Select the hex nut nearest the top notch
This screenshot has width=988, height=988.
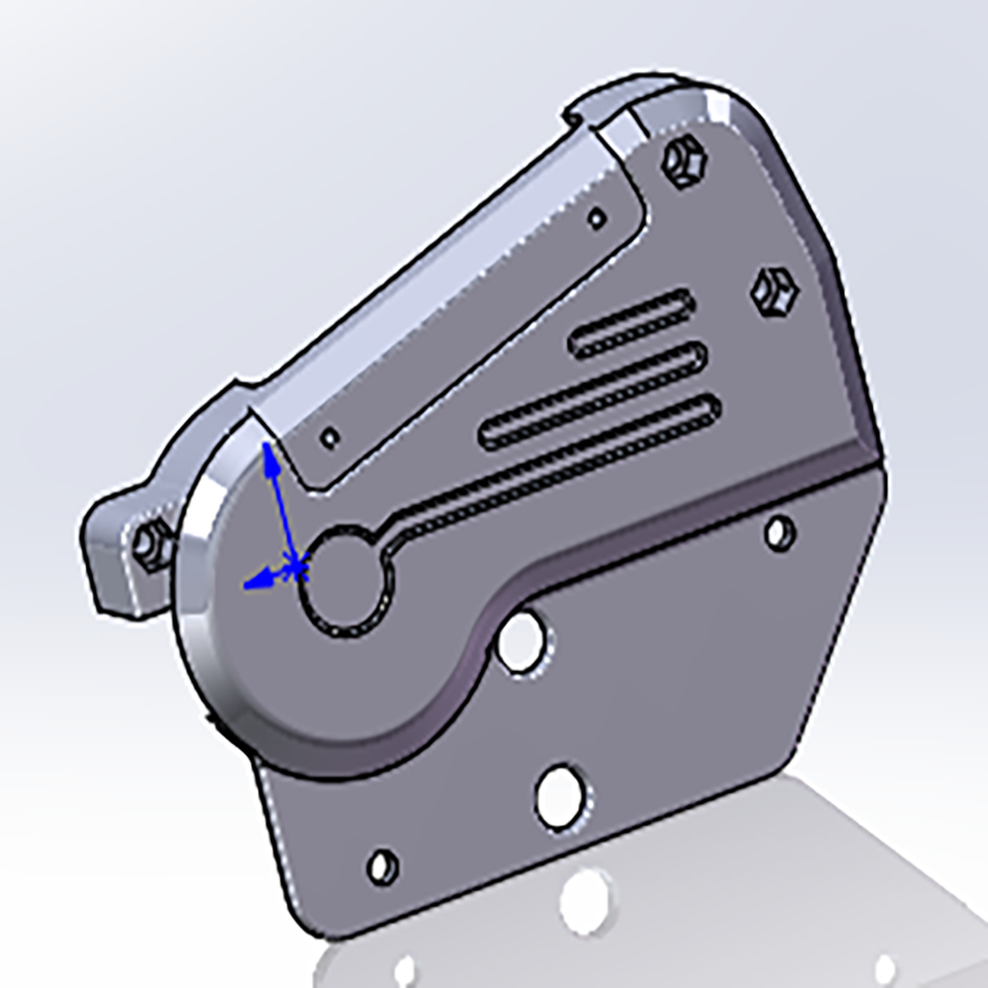(682, 161)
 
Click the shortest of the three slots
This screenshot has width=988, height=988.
(631, 324)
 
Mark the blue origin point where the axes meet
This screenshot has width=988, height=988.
(296, 567)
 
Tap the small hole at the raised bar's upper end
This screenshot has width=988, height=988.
(597, 217)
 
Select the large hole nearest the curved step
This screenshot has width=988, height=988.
(521, 639)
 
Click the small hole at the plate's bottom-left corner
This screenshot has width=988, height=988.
(381, 866)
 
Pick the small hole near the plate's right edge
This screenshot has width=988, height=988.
(780, 533)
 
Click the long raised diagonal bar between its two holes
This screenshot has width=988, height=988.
(464, 326)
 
